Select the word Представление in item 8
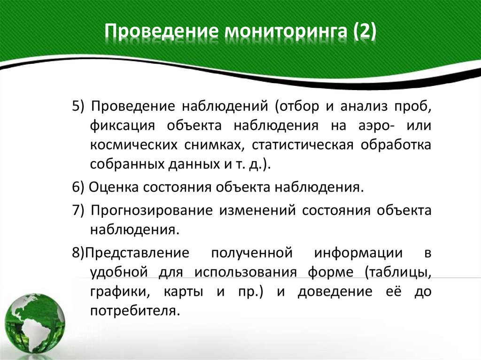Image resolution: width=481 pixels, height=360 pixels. (x=136, y=253)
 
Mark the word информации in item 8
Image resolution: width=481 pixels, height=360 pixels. (x=358, y=253)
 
